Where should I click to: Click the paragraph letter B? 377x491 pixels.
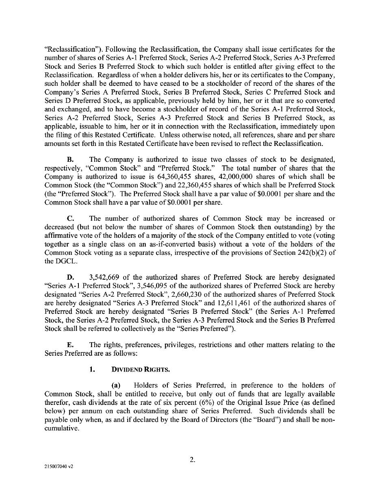[69, 168]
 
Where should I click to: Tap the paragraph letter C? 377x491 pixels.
[69, 219]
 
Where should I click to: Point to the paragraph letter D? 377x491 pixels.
[70, 277]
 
